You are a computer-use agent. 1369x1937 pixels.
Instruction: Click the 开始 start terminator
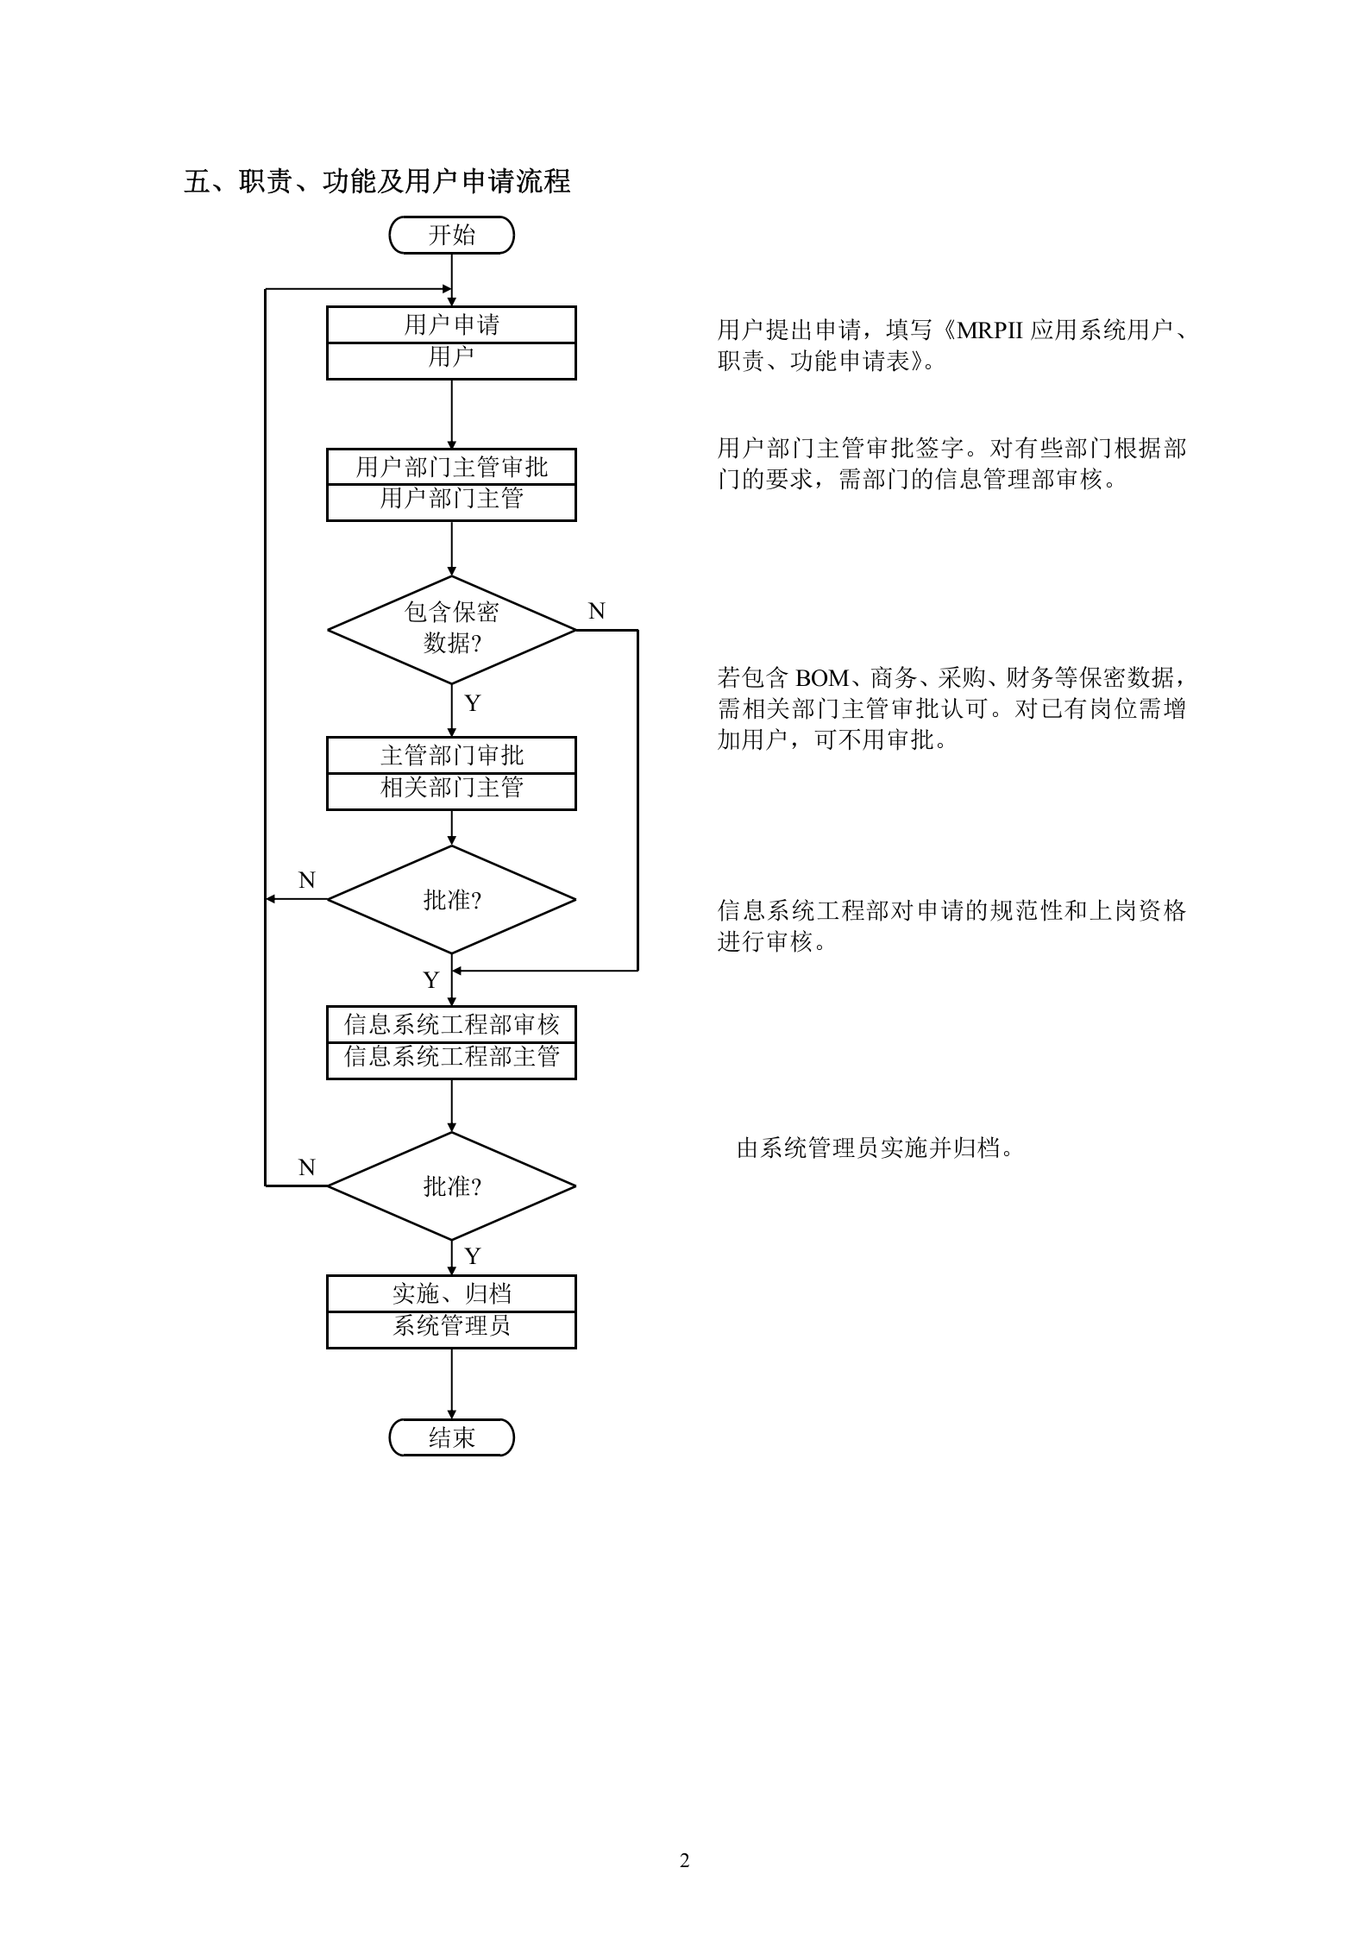(451, 236)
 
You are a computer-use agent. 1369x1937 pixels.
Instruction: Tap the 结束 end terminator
(451, 1437)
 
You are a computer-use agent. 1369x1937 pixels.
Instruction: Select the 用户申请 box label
(451, 325)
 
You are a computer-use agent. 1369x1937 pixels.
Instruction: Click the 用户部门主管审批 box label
(451, 467)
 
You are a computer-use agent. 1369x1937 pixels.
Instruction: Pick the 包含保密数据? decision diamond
(451, 629)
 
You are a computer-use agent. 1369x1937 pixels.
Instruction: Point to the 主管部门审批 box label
(451, 755)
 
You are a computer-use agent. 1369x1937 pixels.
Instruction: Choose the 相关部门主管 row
(451, 788)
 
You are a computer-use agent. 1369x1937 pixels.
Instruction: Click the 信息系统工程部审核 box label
(451, 1024)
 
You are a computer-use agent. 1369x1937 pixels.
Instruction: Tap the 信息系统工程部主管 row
(451, 1057)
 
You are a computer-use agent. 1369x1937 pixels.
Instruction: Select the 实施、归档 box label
(451, 1293)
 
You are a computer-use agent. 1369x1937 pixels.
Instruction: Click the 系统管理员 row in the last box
(451, 1326)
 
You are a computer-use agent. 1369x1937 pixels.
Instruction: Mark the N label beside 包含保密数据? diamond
(596, 611)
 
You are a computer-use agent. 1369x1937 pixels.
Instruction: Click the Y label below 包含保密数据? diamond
(472, 703)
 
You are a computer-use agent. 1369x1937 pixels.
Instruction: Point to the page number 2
(685, 1860)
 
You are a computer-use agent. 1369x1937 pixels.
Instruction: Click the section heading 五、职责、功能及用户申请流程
(377, 181)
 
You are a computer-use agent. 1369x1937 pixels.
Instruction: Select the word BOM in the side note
(822, 677)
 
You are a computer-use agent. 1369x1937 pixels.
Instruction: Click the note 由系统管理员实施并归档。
(875, 1148)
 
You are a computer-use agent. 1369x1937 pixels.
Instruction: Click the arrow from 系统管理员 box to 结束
(451, 1383)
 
